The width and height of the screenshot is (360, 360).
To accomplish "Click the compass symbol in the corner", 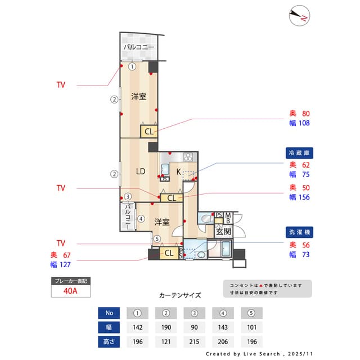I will pos(299,16).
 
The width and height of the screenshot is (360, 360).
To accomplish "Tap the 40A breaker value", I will pos(70,291).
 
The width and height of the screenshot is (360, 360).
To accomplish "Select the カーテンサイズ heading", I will pos(179,295).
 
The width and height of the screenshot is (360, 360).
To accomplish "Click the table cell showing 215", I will pos(194,341).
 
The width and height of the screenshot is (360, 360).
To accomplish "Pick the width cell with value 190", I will pos(166,327).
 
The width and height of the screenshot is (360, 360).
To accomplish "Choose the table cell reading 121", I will pos(166,341).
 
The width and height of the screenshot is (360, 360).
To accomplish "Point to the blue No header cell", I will pos(109,313).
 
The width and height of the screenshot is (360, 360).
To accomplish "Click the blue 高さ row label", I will pos(109,341).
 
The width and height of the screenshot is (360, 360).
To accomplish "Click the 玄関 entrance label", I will pos(223,231).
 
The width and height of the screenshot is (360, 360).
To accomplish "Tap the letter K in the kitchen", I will pos(179,172).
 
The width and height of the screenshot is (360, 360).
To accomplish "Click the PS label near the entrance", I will pos(219,215).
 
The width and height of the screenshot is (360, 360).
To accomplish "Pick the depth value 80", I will pos(306,113).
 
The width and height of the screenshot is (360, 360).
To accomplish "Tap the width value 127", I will pos(64,264).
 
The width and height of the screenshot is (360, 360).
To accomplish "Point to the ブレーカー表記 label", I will pos(70,280).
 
